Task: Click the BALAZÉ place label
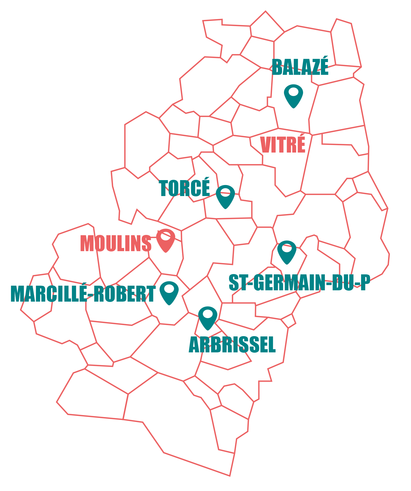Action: pyautogui.click(x=300, y=67)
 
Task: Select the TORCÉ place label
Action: pyautogui.click(x=184, y=188)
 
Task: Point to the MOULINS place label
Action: pyautogui.click(x=116, y=243)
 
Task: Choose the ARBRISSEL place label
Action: pyautogui.click(x=232, y=345)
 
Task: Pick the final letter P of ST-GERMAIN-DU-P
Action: pyautogui.click(x=365, y=283)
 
